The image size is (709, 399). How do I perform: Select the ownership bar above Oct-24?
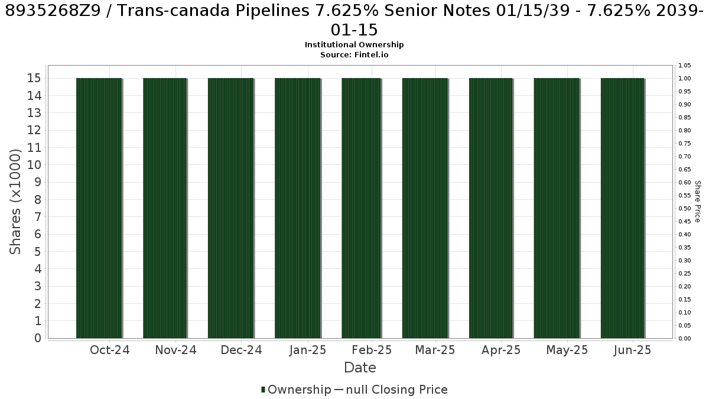coord(99,208)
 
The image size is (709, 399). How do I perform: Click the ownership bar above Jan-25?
coord(298,208)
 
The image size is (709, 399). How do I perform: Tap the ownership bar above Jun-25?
coord(622,208)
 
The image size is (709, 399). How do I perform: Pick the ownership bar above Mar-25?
coord(425,208)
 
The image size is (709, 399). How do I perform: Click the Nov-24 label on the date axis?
coord(175,350)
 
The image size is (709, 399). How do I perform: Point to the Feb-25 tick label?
coord(372,350)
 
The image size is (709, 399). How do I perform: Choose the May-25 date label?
coord(567,350)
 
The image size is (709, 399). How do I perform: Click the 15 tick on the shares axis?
coord(34,78)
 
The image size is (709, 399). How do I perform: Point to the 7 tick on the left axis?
coord(38,217)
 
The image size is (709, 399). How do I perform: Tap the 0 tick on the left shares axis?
coord(38,338)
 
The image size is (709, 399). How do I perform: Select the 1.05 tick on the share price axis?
coord(684,66)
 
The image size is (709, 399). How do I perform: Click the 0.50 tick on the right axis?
coord(684,208)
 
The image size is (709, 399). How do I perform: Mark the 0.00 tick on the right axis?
coord(684,339)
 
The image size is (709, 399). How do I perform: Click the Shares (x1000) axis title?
coord(15,202)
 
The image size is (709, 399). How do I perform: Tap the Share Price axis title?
coord(697,202)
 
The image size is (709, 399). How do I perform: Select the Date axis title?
coord(360,368)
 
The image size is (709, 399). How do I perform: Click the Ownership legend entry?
coord(296,390)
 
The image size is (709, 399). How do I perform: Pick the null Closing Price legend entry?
coord(391,390)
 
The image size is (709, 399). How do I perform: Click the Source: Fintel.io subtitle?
coord(354,55)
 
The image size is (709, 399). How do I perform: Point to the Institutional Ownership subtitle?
coord(354,45)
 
